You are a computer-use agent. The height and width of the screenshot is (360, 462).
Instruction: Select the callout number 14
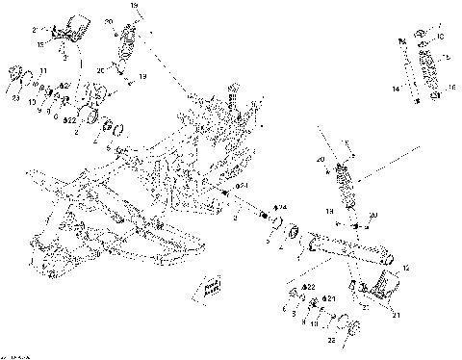click(395, 89)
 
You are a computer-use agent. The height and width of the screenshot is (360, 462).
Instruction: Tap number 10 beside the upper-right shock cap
click(441, 36)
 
